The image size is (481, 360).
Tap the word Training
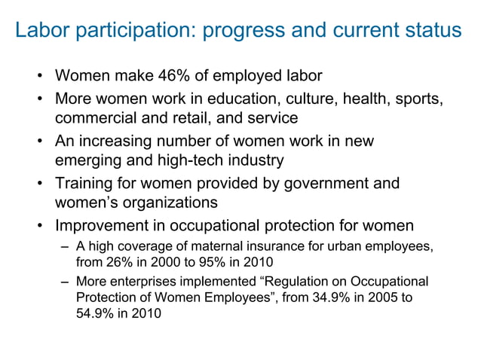coord(86,183)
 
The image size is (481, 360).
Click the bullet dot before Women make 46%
coord(38,76)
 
